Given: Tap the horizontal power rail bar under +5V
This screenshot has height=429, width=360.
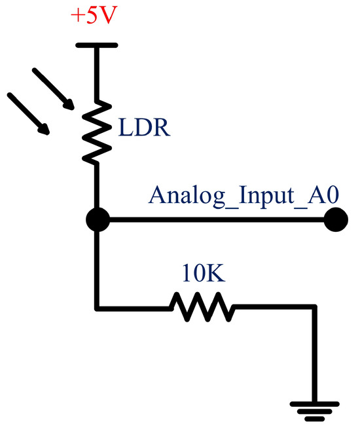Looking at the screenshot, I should tap(97, 45).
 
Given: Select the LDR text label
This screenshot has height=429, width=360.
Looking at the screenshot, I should tap(145, 127).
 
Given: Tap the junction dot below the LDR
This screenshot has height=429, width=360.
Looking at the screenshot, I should tap(97, 219).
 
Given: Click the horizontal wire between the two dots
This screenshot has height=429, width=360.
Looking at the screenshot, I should tap(216, 219).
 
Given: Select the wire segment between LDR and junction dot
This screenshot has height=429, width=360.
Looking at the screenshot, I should tap(97, 187).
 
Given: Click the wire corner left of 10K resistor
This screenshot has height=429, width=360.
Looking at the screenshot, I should tap(97, 306).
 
